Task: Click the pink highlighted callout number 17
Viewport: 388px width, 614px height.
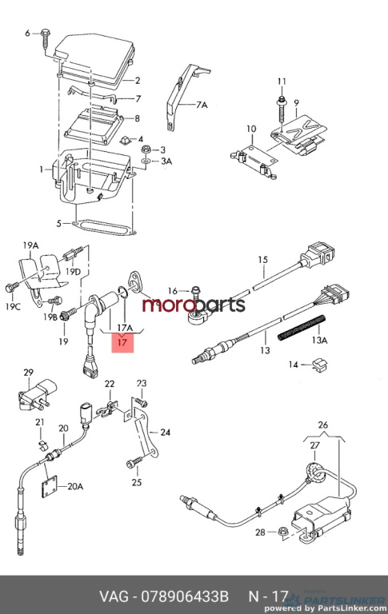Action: pyautogui.click(x=122, y=343)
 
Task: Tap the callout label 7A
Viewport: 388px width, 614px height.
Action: pyautogui.click(x=202, y=105)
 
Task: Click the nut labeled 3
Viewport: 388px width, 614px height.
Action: pyautogui.click(x=147, y=150)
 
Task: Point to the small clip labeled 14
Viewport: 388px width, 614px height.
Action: pyautogui.click(x=321, y=365)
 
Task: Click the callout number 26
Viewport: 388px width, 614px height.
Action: pyautogui.click(x=323, y=425)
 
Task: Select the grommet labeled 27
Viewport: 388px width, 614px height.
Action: pyautogui.click(x=314, y=472)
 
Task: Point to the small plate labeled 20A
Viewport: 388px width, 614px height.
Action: pyautogui.click(x=49, y=486)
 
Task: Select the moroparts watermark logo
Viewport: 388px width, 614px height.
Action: pyautogui.click(x=194, y=305)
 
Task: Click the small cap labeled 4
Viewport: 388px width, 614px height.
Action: pyautogui.click(x=126, y=139)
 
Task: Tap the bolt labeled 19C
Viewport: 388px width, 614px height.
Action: pyautogui.click(x=10, y=288)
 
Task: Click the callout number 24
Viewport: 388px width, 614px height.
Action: pyautogui.click(x=166, y=432)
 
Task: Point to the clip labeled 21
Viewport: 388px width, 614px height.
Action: pyautogui.click(x=42, y=445)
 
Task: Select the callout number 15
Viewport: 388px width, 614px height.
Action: pyautogui.click(x=262, y=260)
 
